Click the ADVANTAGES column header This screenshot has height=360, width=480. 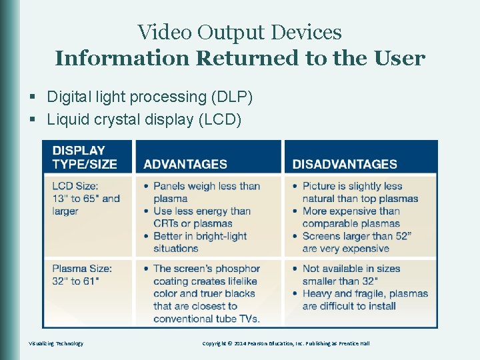pos(185,164)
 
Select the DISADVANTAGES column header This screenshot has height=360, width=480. pos(345,164)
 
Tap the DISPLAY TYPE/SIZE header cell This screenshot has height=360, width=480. pos(85,157)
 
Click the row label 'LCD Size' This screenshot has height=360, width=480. pos(75,186)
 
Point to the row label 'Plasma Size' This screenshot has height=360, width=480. pos(82,269)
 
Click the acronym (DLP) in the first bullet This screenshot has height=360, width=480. pos(231,97)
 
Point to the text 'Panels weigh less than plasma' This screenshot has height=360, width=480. pos(206,192)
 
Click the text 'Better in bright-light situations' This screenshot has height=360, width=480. pos(199,242)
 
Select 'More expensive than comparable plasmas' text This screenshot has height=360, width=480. pos(351,217)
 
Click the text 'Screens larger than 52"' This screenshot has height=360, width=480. pos(357,236)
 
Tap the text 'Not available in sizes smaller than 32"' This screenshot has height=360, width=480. pos(351,275)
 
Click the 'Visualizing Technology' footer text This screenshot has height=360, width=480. pos(56,343)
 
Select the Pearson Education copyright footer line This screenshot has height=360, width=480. pos(285,343)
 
